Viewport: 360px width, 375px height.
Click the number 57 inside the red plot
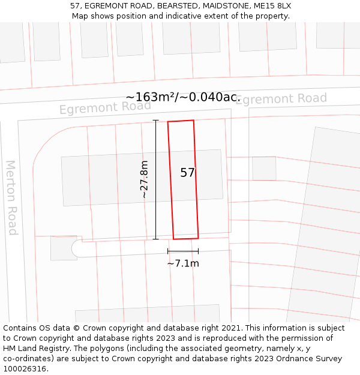pyautogui.click(x=187, y=173)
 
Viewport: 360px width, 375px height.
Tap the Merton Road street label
pyautogui.click(x=11, y=197)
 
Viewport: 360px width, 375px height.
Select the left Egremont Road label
pyautogui.click(x=105, y=107)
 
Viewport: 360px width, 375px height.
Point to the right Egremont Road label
pyautogui.click(x=281, y=99)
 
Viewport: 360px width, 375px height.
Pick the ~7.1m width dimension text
pyautogui.click(x=183, y=263)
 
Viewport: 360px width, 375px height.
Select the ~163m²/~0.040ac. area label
pyautogui.click(x=183, y=97)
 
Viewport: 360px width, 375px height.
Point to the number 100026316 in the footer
pyautogui.click(x=25, y=369)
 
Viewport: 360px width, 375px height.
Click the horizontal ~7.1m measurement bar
pyautogui.click(x=183, y=251)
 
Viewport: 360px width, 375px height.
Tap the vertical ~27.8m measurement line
pyautogui.click(x=156, y=180)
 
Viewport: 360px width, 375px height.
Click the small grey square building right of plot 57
pyautogui.click(x=264, y=168)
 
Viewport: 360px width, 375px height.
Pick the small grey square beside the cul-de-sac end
pyautogui.click(x=64, y=248)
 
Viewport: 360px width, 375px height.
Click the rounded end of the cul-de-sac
pyautogui.click(x=76, y=248)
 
